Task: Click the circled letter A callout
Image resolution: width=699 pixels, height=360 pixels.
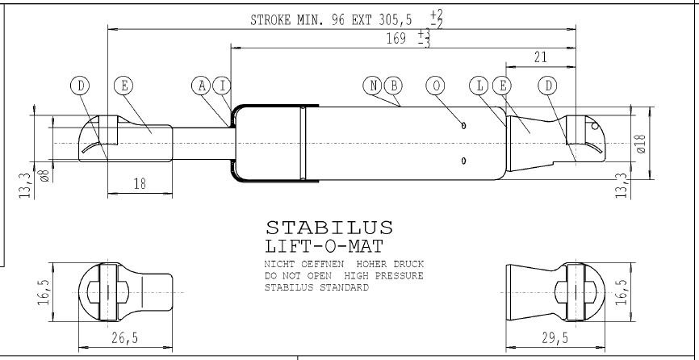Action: (202, 86)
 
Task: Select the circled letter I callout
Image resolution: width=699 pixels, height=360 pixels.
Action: (222, 86)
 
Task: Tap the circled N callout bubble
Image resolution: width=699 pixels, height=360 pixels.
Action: (373, 86)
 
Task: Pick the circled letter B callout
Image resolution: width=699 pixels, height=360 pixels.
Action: (393, 86)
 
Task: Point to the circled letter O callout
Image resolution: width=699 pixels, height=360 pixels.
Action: (436, 86)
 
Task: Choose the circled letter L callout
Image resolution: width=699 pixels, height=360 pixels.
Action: (479, 86)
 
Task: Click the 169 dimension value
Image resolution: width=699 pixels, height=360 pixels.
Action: (396, 39)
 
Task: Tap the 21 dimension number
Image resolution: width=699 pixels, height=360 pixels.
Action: (540, 57)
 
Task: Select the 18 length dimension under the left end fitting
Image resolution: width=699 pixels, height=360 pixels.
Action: (140, 183)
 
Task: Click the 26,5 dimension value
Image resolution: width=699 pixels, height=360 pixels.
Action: (124, 337)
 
